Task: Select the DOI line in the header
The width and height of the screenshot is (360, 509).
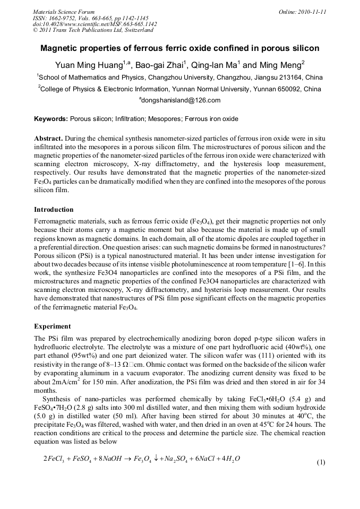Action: click(x=95, y=24)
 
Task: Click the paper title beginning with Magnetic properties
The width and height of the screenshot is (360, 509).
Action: click(x=180, y=48)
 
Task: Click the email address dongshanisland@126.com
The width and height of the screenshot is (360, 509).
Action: click(x=180, y=100)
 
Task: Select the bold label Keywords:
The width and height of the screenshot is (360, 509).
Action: click(x=51, y=119)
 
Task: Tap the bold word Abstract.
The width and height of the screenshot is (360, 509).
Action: click(x=48, y=137)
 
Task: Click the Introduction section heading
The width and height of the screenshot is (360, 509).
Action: click(x=54, y=210)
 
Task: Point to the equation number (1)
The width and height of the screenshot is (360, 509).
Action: click(x=321, y=462)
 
